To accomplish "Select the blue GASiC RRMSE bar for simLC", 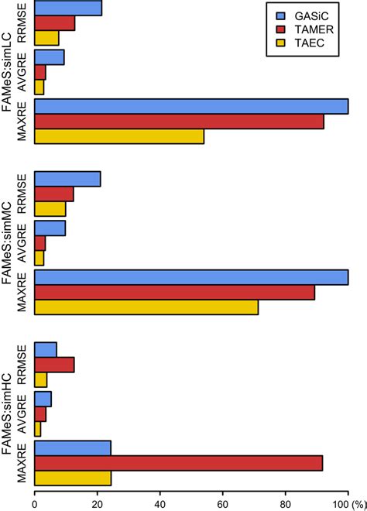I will point(68,9).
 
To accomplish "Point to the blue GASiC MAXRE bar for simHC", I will point(73,448).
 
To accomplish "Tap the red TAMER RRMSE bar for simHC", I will point(54,364).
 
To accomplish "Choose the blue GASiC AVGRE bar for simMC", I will point(50,228).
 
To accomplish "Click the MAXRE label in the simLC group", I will point(22,122).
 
